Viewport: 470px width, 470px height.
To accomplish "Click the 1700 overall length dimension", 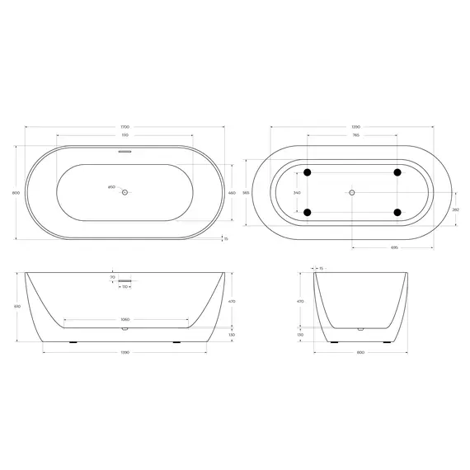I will [125, 127].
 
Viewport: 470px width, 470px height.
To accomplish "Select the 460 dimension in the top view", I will [232, 192].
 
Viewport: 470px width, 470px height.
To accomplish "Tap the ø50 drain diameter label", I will [111, 187].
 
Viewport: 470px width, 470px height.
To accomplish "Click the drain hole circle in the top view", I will [125, 192].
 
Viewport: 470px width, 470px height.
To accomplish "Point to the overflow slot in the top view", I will [125, 152].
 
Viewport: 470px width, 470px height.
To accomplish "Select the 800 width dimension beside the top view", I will [16, 193].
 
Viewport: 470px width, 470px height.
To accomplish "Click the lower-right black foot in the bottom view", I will [397, 213].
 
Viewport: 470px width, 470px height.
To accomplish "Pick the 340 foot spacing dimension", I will [297, 192].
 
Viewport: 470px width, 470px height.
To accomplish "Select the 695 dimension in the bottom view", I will [395, 247].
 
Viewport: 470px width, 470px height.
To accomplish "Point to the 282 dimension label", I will [456, 209].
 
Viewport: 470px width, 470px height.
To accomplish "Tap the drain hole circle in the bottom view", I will [352, 192].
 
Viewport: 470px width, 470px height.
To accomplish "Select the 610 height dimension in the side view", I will [16, 306].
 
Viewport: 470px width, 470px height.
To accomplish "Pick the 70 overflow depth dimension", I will [112, 279].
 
